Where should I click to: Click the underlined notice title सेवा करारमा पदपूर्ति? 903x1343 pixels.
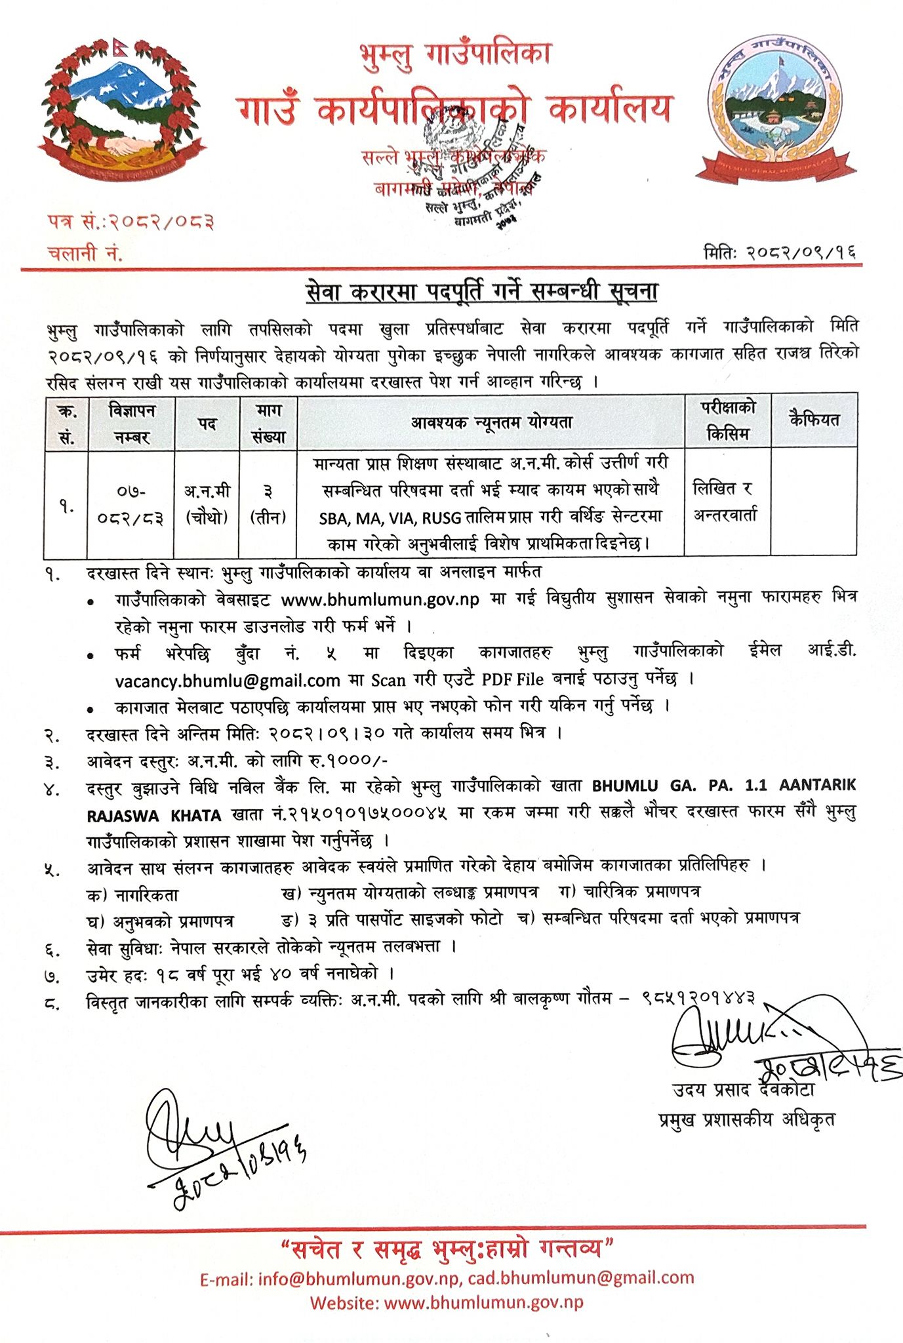click(482, 291)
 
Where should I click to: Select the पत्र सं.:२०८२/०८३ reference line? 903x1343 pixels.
click(130, 222)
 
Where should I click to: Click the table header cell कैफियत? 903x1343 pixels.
click(814, 420)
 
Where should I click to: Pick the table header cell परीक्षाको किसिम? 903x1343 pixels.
click(728, 420)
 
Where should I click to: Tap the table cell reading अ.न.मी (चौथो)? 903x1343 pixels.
click(207, 504)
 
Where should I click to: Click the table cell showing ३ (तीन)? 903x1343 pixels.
click(268, 504)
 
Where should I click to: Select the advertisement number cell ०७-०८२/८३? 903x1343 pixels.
click(131, 504)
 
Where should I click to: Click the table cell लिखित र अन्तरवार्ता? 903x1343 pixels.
click(725, 502)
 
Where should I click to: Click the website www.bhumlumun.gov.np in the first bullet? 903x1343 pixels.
click(380, 599)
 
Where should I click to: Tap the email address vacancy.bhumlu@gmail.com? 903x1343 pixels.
click(228, 681)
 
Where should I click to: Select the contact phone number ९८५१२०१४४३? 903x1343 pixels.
click(698, 998)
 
